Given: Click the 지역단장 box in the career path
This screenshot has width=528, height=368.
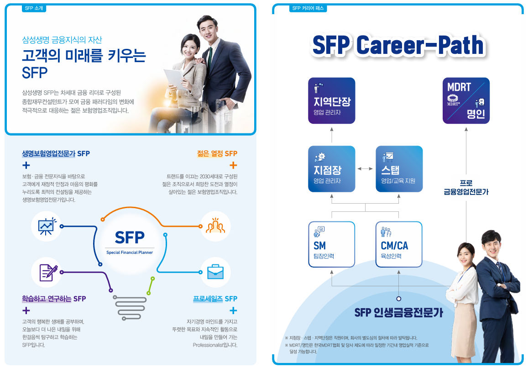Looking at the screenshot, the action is (332, 101).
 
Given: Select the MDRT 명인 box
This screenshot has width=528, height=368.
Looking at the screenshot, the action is (466, 101).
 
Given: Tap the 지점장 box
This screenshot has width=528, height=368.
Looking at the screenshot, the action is (332, 169).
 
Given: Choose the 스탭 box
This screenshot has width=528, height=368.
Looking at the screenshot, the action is (399, 169).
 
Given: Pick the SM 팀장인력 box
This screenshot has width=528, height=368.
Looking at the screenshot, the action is (332, 244).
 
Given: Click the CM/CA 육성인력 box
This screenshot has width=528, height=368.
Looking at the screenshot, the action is (399, 244).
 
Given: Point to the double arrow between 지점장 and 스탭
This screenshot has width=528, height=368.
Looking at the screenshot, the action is (366, 169).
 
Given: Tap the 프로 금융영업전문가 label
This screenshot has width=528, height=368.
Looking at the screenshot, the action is (466, 188).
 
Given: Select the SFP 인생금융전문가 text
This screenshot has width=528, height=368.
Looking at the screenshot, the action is (399, 313).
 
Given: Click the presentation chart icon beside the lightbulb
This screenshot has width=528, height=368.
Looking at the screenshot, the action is (47, 226).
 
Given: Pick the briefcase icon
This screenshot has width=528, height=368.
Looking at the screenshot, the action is (215, 272).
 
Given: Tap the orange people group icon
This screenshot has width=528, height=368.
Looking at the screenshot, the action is (215, 226).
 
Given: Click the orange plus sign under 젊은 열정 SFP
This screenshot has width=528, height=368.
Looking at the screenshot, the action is (233, 165).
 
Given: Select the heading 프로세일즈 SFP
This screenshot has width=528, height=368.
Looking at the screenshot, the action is (215, 299).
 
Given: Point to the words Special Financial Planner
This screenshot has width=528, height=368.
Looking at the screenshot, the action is (130, 252).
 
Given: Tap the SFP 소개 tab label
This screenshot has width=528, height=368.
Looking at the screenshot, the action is (34, 8).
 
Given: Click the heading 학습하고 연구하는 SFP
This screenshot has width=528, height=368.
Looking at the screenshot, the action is (54, 299).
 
